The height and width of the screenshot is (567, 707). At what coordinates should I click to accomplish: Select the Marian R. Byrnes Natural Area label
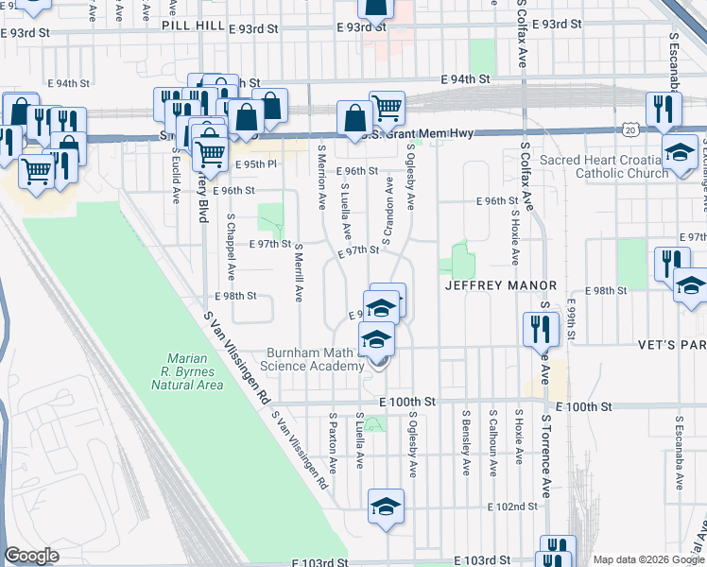pyautogui.click(x=194, y=371)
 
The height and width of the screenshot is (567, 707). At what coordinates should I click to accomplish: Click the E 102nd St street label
pyautogui.click(x=512, y=507)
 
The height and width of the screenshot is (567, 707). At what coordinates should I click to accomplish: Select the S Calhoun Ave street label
pyautogui.click(x=492, y=436)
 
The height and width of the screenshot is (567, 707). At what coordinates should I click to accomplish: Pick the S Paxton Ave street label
pyautogui.click(x=333, y=441)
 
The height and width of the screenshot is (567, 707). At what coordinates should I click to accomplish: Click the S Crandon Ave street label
pyautogui.click(x=388, y=211)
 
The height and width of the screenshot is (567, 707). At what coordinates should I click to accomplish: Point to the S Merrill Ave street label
pyautogui.click(x=298, y=272)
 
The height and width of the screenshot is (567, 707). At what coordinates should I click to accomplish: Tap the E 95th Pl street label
pyautogui.click(x=257, y=164)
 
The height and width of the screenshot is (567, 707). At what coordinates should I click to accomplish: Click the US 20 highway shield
pyautogui.click(x=630, y=128)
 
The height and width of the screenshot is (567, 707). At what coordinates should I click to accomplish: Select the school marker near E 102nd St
pyautogui.click(x=386, y=506)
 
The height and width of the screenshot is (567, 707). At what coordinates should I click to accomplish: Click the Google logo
pyautogui.click(x=32, y=556)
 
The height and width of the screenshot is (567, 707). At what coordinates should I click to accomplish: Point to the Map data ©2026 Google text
pyautogui.click(x=648, y=559)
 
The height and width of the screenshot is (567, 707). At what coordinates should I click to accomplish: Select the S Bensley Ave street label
pyautogui.click(x=466, y=436)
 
